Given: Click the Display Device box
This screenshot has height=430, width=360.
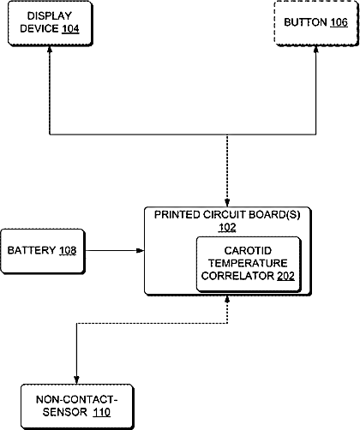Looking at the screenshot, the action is [x=51, y=23].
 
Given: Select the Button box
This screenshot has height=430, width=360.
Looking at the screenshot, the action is [x=316, y=23].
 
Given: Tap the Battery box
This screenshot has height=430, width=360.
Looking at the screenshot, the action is [x=43, y=251].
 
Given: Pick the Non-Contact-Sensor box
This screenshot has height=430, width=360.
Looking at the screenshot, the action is [x=77, y=406].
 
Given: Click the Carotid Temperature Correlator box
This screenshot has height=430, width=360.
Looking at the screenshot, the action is [x=249, y=264].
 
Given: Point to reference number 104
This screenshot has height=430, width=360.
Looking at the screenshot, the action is [x=70, y=29].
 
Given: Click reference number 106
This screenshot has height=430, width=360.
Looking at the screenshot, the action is [x=339, y=22].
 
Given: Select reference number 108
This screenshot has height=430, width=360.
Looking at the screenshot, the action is [x=68, y=250].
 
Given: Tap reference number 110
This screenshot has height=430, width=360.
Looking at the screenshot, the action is [x=101, y=412].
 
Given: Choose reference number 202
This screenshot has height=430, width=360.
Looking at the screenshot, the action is [x=285, y=276].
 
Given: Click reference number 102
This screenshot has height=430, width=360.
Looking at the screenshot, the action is [x=227, y=228].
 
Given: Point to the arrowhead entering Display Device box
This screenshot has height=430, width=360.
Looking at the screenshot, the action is [x=50, y=50].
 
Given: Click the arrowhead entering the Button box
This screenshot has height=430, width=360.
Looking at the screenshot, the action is [x=315, y=50].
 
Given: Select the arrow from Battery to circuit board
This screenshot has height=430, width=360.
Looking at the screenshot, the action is [x=115, y=251].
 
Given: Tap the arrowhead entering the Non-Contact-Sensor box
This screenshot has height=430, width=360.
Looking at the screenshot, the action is [x=76, y=380].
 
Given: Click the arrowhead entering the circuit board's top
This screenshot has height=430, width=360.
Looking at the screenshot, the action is [x=227, y=203].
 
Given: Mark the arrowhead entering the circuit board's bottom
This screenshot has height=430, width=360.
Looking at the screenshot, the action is [x=227, y=299].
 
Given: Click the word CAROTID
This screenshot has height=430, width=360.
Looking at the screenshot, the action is [x=248, y=251].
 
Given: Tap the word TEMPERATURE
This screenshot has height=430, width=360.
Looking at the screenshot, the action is [x=248, y=263].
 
